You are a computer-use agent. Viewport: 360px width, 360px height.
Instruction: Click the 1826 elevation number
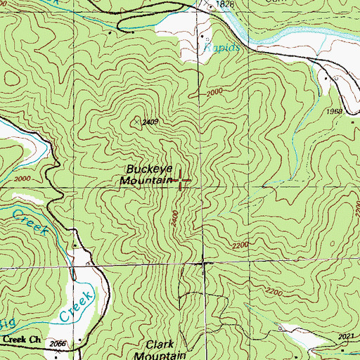click(225, 5)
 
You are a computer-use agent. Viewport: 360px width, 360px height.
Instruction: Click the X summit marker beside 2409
click(136, 121)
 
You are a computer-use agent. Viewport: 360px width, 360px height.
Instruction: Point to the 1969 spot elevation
click(334, 112)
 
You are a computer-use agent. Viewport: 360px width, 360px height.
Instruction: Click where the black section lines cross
click(203, 264)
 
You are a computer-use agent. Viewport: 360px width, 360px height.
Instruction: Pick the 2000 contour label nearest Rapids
click(215, 94)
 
